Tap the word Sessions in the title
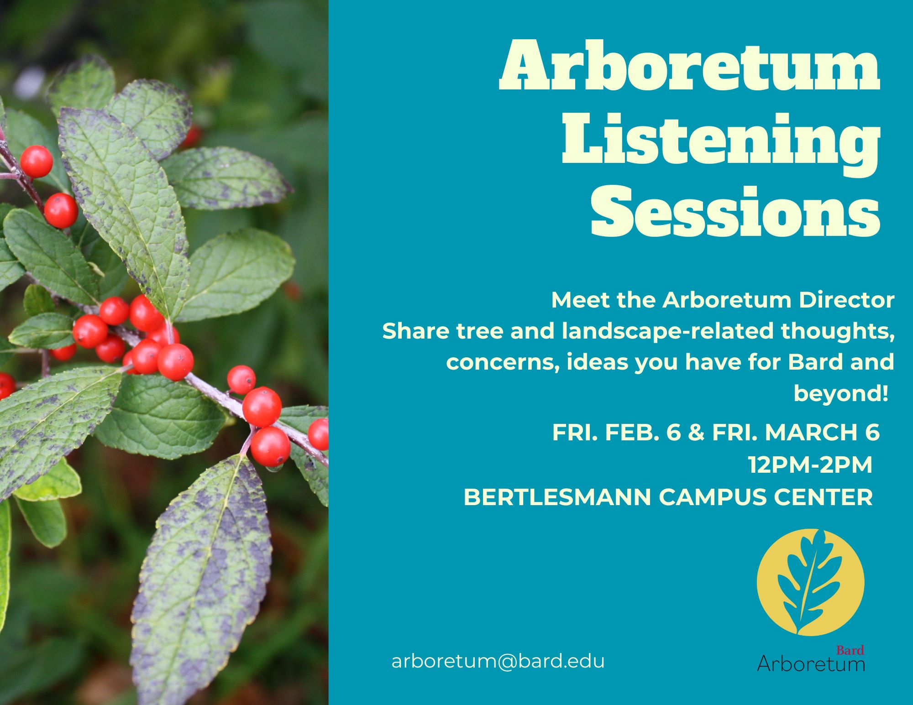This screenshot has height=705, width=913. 735,212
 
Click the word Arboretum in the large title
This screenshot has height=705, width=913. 689,66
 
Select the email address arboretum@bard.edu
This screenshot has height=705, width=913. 498,661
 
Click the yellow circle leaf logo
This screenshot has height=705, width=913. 810,582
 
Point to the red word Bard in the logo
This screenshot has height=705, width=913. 850,650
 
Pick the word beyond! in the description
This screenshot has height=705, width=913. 841,393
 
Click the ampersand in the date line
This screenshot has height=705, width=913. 696,432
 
